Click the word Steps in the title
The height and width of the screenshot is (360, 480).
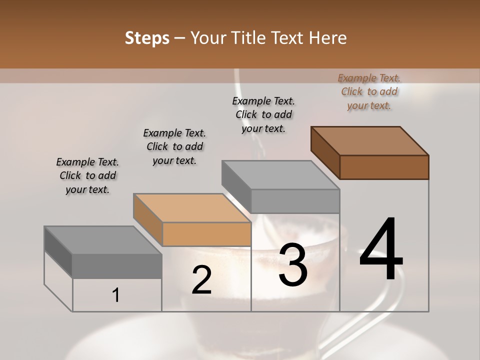tap(147, 38)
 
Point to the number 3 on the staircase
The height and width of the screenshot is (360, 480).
tap(293, 264)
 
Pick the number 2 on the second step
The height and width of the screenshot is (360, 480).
tap(201, 280)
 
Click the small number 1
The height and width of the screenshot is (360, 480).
tap(116, 295)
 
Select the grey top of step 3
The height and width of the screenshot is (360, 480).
tap(280, 175)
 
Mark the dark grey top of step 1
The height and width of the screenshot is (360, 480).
tap(103, 240)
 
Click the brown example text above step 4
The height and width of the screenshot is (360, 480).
tap(369, 92)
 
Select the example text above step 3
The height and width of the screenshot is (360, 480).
tap(263, 114)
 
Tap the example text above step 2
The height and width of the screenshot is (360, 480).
tap(174, 146)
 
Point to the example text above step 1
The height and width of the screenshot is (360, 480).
tap(87, 175)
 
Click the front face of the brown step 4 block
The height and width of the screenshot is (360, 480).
tap(384, 167)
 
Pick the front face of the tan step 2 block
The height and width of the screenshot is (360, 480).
tap(206, 234)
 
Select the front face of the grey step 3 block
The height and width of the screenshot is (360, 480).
tap(295, 201)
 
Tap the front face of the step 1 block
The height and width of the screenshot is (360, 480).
tap(117, 266)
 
